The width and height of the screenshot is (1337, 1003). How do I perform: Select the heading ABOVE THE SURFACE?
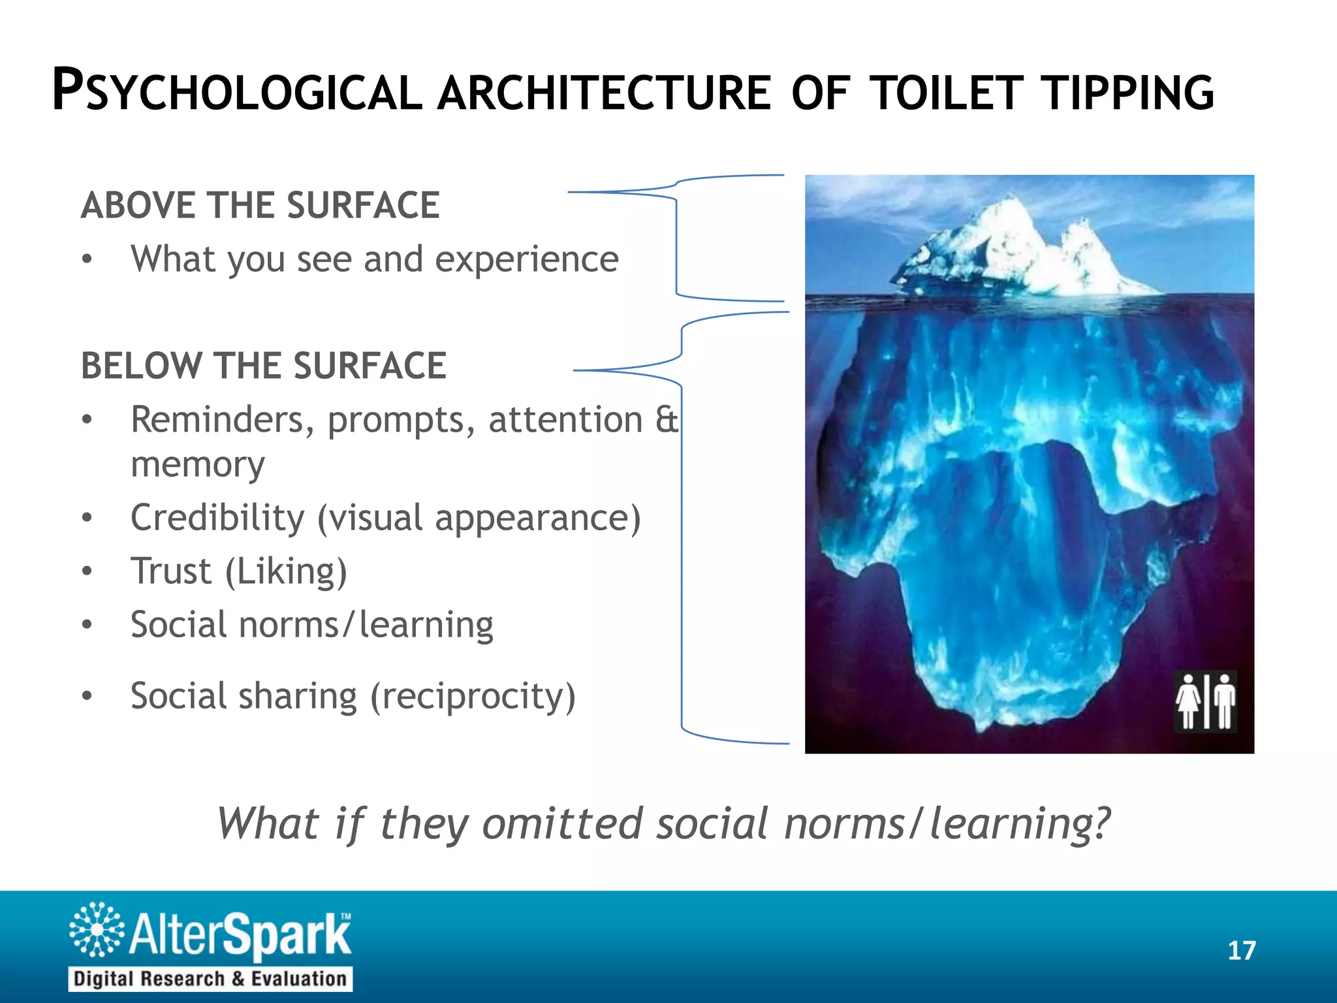(x=260, y=205)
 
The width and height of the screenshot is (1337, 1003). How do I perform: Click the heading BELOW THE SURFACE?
(x=263, y=365)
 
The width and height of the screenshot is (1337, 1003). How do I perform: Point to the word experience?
(x=526, y=260)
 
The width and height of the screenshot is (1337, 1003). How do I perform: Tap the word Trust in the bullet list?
(x=171, y=571)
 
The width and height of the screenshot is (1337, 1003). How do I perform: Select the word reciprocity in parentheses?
(x=473, y=696)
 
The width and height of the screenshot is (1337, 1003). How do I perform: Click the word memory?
(x=197, y=465)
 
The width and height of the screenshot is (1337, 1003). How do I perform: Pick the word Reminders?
(x=217, y=420)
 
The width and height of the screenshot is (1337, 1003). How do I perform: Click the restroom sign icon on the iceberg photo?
(x=1205, y=701)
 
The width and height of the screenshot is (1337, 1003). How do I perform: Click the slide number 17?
(x=1241, y=951)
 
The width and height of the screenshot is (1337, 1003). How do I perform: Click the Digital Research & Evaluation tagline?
(x=210, y=979)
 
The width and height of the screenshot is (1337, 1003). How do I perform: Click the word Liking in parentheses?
(x=286, y=571)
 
